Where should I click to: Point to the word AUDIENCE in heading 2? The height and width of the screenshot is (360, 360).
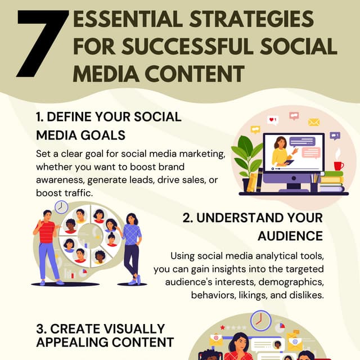pyautogui.click(x=290, y=235)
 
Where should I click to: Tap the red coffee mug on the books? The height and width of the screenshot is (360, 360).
pyautogui.click(x=338, y=165)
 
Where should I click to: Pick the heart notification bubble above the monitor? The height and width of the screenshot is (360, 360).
pyautogui.click(x=273, y=120)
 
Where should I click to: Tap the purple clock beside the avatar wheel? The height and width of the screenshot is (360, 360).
pyautogui.click(x=62, y=206)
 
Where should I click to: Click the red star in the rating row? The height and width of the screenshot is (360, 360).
pyautogui.click(x=223, y=327)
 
